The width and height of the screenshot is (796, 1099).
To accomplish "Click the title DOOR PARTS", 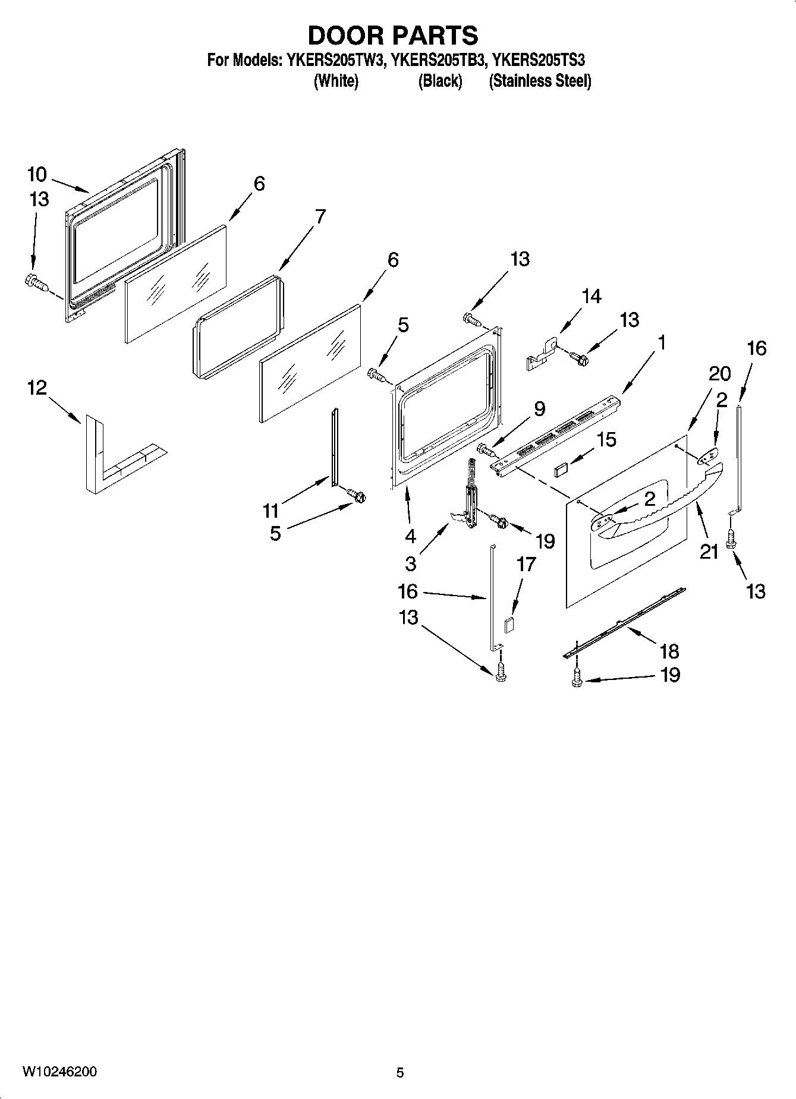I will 393,36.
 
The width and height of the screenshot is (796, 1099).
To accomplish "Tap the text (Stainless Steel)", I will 540,81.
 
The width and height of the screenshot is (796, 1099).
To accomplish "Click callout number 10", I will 36,174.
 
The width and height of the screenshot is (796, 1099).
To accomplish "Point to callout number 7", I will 320,216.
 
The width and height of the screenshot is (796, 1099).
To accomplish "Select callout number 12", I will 36,388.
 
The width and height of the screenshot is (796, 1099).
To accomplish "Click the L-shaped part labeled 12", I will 95,458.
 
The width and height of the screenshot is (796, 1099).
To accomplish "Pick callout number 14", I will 592,296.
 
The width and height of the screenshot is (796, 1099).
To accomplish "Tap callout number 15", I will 606,439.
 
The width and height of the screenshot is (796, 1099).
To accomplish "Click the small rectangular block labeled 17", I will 509,624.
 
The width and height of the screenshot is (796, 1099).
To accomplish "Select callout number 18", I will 669,651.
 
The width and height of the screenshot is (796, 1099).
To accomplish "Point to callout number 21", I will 709,552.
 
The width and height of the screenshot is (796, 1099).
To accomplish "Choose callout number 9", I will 539,408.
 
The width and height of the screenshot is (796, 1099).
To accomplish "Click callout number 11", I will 270,510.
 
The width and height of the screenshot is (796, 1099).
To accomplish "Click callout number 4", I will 410,536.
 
